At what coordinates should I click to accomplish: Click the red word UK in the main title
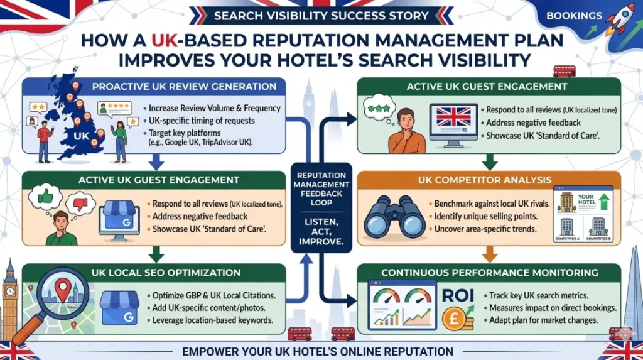pyautogui.click(x=165, y=41)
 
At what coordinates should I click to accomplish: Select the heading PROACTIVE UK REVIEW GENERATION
pyautogui.click(x=184, y=87)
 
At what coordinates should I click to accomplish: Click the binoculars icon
pyautogui.click(x=394, y=217)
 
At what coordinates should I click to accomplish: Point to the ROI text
pyautogui.click(x=458, y=295)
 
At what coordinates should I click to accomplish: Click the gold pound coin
pyautogui.click(x=454, y=319)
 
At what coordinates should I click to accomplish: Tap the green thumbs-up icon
pyautogui.click(x=45, y=197)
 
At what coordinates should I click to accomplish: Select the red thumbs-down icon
pyautogui.click(x=80, y=204)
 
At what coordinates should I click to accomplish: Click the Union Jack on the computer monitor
pyautogui.click(x=453, y=117)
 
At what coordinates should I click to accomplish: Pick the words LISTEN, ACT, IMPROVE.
pyautogui.click(x=321, y=232)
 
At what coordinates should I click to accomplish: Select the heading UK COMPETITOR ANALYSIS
pyautogui.click(x=485, y=180)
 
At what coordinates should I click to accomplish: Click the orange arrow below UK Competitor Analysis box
pyautogui.click(x=489, y=254)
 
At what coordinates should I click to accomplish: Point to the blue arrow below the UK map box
pyautogui.click(x=156, y=161)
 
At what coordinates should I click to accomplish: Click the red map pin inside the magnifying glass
pyautogui.click(x=63, y=290)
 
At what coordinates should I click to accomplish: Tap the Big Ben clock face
pyautogui.click(x=9, y=292)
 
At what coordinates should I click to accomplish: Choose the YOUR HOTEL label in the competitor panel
pyautogui.click(x=586, y=200)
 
